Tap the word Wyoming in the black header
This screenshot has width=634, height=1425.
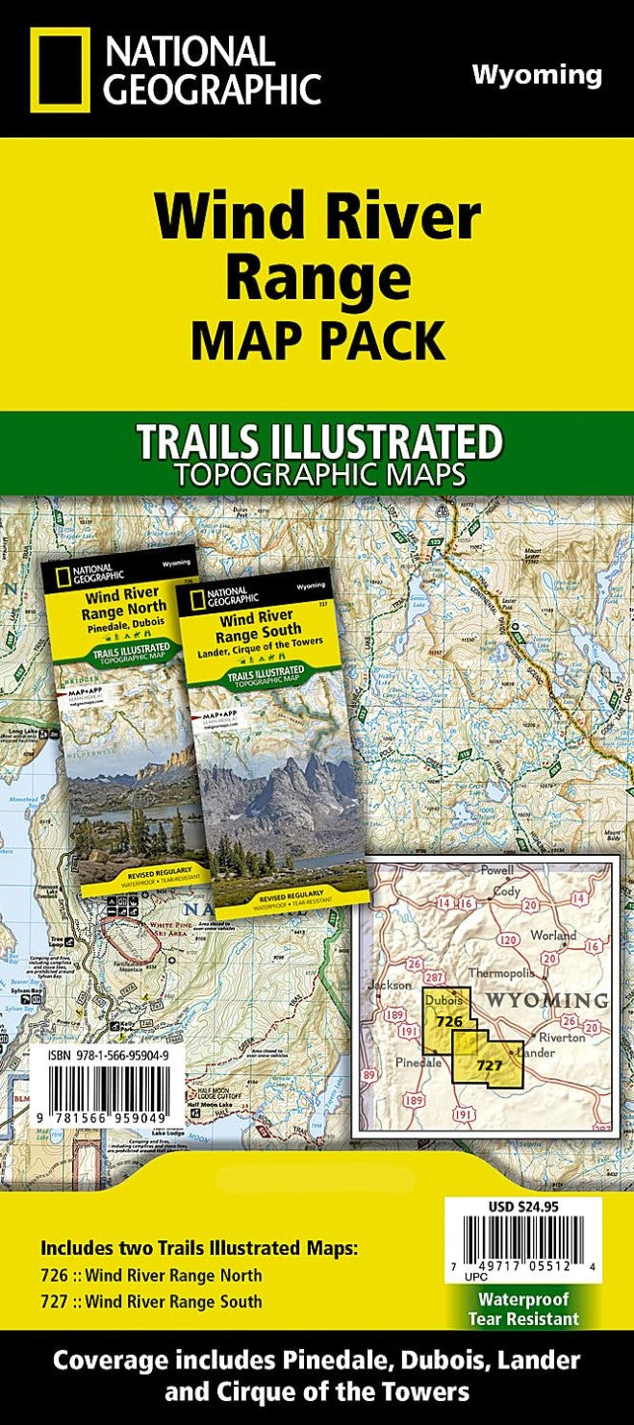pos(537,75)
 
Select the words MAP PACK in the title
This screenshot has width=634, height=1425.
pos(317,340)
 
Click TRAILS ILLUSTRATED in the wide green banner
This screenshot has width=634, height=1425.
pos(318,443)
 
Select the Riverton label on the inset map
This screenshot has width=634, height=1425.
pos(563,1037)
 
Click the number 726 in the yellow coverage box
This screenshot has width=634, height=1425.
pos(449,1020)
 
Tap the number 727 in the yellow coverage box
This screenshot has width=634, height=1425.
pos(490,1065)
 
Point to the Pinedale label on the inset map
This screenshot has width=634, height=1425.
pos(418,1062)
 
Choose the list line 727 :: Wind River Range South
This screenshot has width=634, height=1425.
pos(151,1302)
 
